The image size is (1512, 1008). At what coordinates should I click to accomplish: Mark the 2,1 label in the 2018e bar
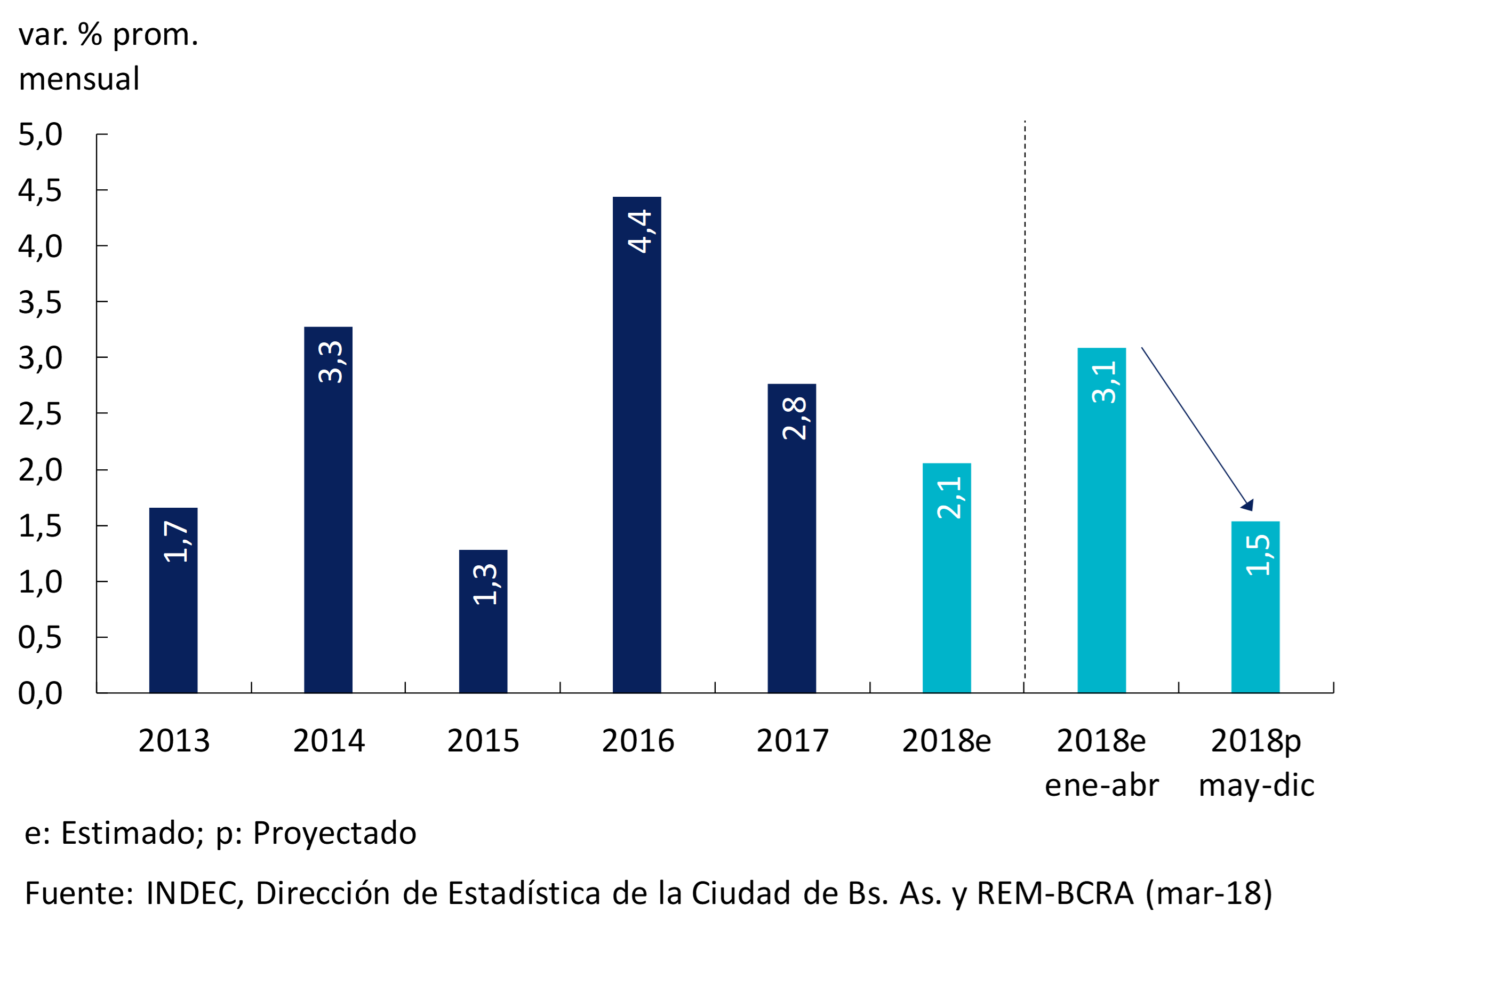[949, 498]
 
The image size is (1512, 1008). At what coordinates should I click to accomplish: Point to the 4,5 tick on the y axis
[40, 191]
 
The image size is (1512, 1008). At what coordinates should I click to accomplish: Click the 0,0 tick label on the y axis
[40, 693]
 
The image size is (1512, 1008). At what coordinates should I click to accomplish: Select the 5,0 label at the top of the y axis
[40, 134]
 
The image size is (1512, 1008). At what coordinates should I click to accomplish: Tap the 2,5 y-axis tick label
[40, 414]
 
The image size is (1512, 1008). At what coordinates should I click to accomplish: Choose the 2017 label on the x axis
[792, 741]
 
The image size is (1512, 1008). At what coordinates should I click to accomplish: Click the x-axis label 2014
[329, 741]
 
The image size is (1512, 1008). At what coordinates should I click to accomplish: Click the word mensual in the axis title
[79, 79]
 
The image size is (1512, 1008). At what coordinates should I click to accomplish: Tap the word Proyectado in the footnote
[334, 833]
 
